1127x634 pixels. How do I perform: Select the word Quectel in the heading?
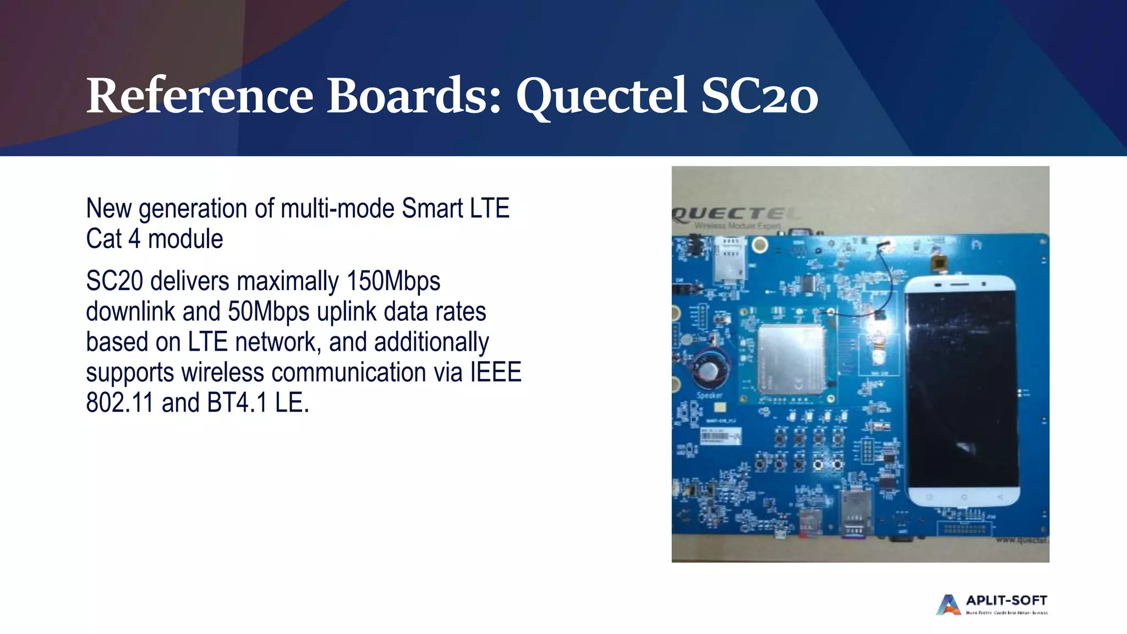tap(601, 97)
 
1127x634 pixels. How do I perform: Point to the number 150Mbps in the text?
tap(393, 281)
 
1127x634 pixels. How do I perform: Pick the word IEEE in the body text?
tap(495, 373)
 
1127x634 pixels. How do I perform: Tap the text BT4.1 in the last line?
tap(237, 403)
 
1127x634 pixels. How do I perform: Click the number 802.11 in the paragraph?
tap(119, 403)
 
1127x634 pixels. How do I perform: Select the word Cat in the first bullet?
tap(103, 239)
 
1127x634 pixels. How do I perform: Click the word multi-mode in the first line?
tap(338, 209)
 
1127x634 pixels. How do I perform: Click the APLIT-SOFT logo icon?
tap(948, 604)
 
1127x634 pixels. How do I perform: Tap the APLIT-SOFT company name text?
tap(1006, 600)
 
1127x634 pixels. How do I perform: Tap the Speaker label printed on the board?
tap(709, 395)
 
